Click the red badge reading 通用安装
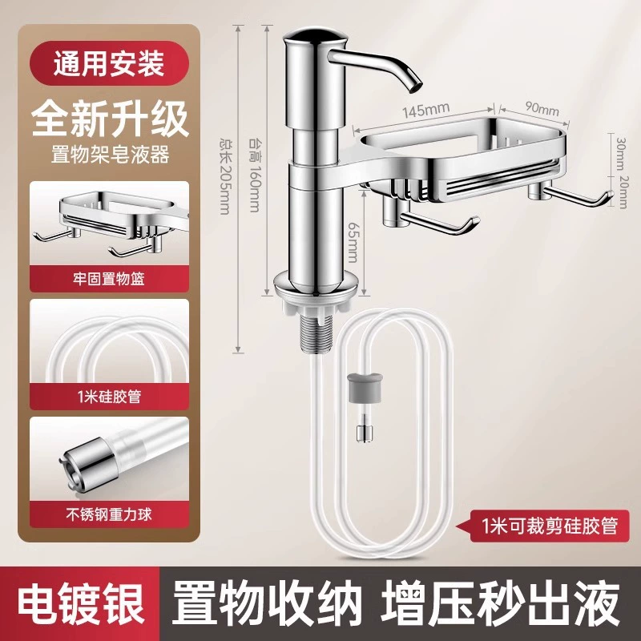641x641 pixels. coord(109,63)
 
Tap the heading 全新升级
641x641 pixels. coord(110,119)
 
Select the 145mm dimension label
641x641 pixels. coord(426,111)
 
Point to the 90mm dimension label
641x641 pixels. coord(542,108)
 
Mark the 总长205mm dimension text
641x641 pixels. coord(225,175)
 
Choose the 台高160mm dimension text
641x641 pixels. coord(254,175)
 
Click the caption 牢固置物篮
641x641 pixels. coord(109,279)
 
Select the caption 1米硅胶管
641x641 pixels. coord(109,396)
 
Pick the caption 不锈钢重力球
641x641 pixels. coord(109,514)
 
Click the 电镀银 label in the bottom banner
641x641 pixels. coord(80,604)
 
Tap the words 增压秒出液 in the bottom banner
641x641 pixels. coord(502,604)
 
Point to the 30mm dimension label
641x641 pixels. coord(621,153)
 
